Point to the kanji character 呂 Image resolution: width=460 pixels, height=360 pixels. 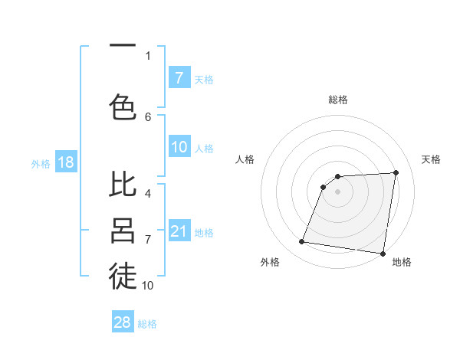coord(123,230)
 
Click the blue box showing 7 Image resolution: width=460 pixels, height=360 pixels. coord(179,77)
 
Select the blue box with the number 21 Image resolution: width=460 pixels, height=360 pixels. coord(179,231)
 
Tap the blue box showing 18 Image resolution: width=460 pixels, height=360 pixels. coord(65,162)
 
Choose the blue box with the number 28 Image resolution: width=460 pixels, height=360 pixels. coord(123,322)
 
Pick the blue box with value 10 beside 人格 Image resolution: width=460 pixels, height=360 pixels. coord(179,148)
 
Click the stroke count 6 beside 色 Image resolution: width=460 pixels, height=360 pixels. coord(148,116)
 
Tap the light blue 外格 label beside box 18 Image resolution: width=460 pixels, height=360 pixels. coord(41,163)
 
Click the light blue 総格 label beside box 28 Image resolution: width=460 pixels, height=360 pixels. coord(147,324)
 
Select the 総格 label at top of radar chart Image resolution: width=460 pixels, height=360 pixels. coord(337,100)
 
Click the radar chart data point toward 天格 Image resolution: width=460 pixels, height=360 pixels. coord(396,172)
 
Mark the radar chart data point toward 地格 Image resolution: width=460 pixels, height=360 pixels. coord(383,254)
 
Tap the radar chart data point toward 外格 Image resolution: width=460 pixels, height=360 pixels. coord(302,242)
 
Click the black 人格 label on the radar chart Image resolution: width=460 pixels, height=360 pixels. coord(245,159)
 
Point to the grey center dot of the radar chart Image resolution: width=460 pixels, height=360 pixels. coord(337,191)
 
